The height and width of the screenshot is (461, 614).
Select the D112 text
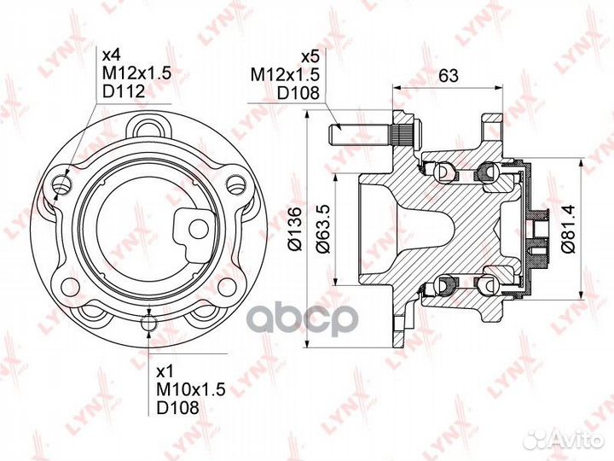tap(124, 91)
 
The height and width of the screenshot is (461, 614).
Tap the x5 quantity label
tap(311, 57)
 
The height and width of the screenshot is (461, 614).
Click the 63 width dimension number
tap(448, 75)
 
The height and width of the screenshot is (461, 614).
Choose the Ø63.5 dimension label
tap(325, 229)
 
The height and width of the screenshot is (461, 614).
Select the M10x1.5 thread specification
tap(191, 390)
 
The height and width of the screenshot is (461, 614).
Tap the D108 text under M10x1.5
tap(177, 408)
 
